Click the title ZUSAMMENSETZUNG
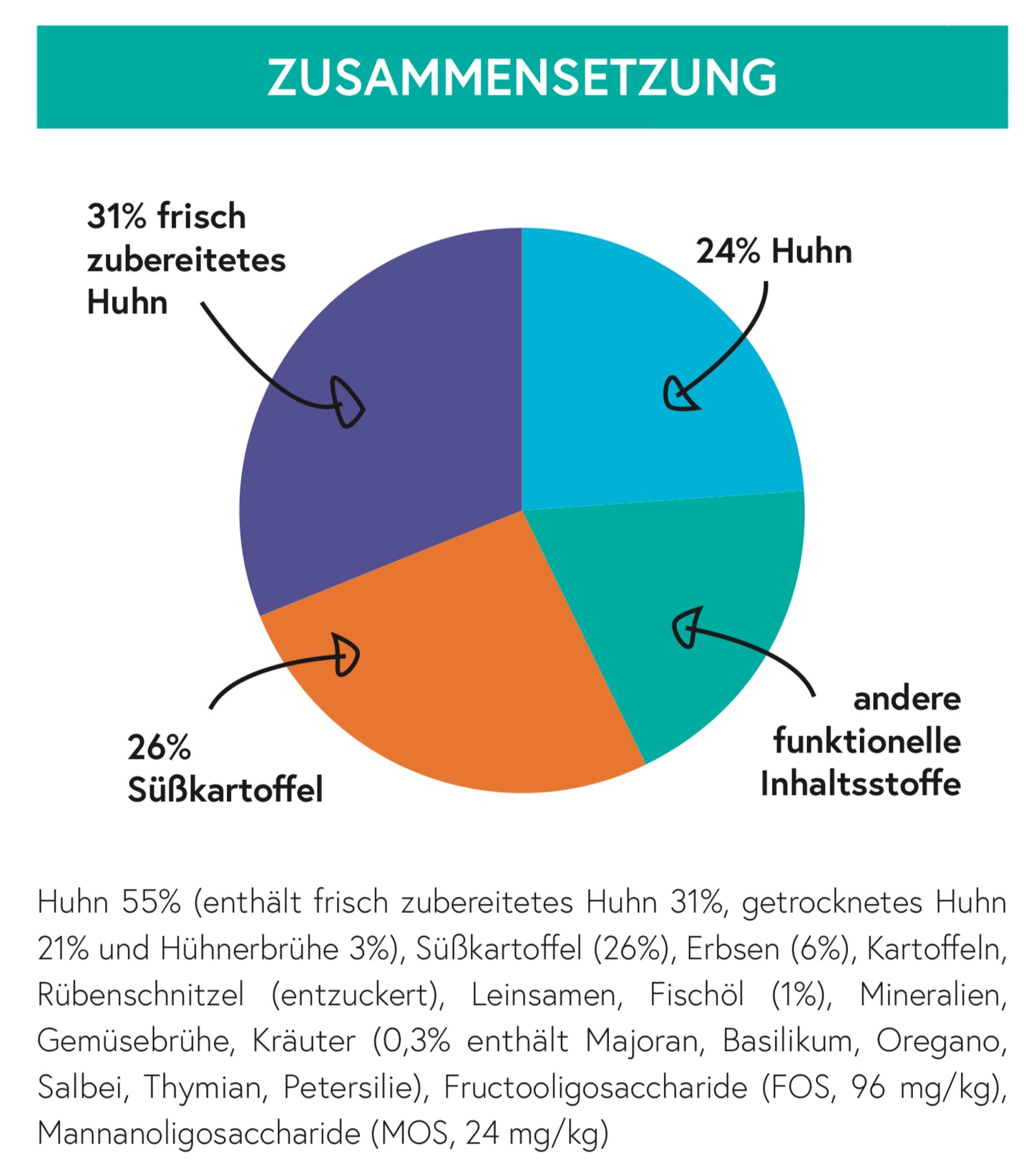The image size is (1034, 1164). click(x=522, y=77)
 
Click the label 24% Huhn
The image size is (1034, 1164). click(x=774, y=252)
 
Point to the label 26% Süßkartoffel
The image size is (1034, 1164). click(x=225, y=769)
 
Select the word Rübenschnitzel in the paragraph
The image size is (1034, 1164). click(x=140, y=995)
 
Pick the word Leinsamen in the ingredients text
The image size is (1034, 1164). click(x=547, y=995)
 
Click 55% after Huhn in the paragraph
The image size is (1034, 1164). click(x=151, y=903)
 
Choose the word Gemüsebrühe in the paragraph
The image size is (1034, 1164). click(x=135, y=1042)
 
